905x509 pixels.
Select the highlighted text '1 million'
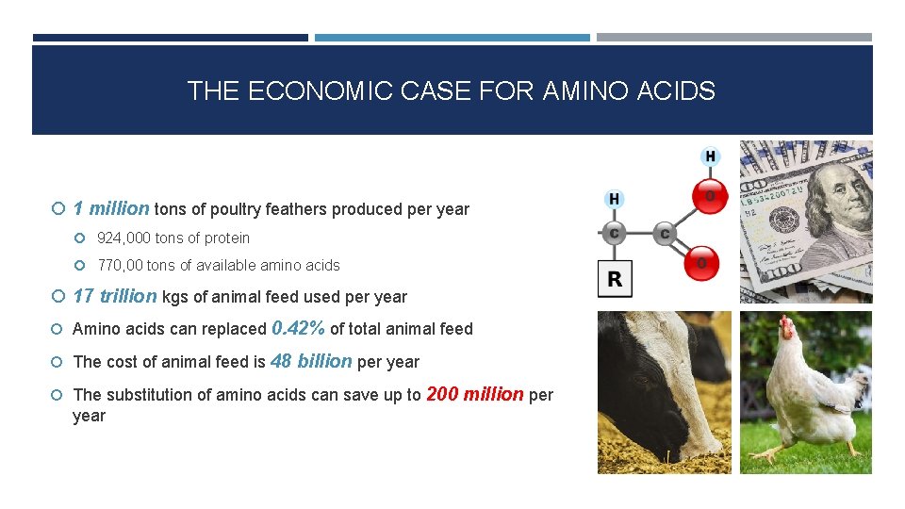click(110, 208)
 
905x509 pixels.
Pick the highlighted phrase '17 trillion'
click(114, 296)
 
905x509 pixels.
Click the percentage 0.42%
click(298, 328)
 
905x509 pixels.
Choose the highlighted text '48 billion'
click(311, 361)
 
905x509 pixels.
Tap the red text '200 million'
click(474, 394)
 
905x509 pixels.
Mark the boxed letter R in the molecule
click(615, 280)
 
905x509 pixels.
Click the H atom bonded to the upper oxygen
click(710, 156)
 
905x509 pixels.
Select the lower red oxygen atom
click(700, 264)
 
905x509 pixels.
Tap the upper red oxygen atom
click(710, 195)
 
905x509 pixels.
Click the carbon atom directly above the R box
click(615, 233)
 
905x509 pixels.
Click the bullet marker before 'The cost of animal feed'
click(58, 362)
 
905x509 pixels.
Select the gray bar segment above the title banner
click(733, 38)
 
